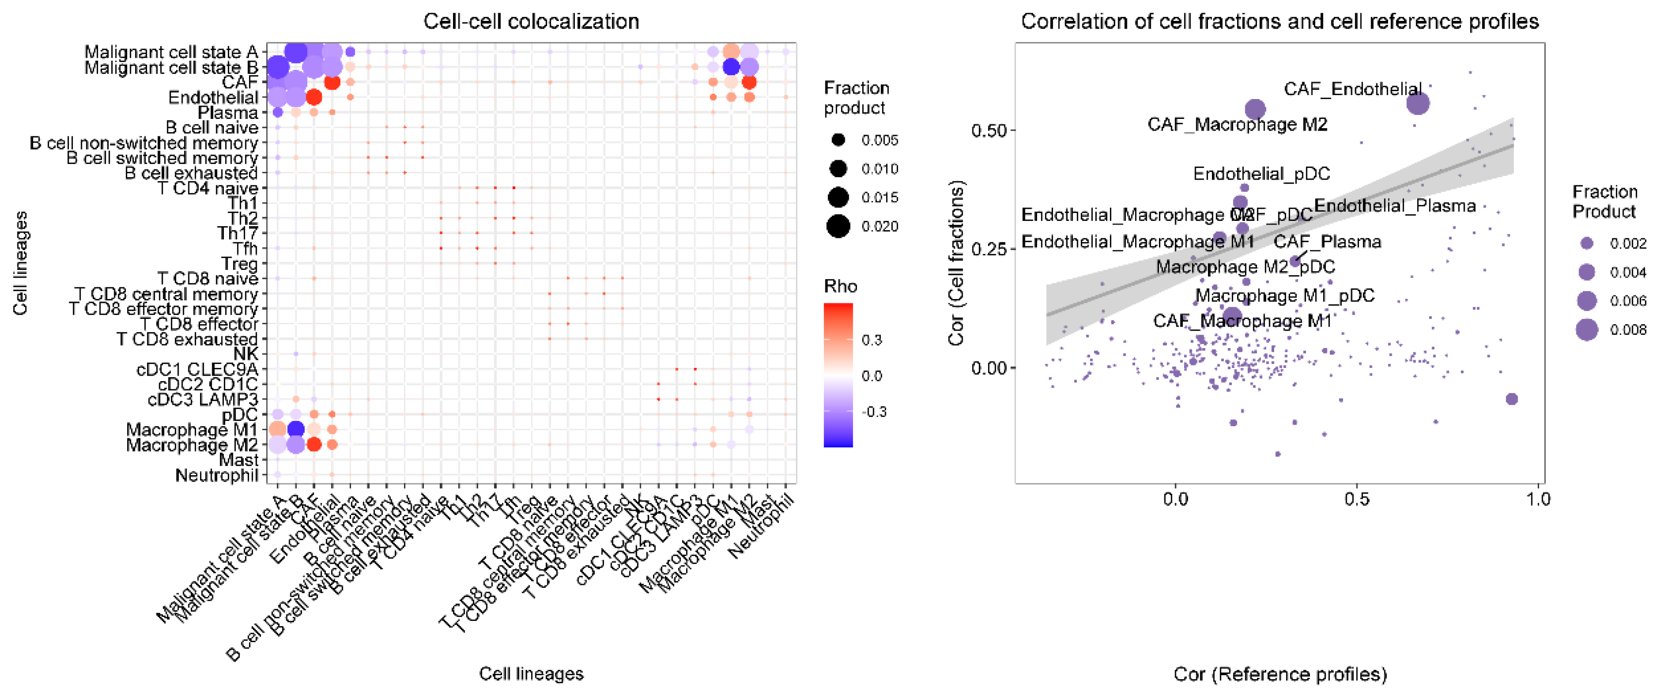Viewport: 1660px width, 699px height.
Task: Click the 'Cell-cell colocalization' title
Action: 531,21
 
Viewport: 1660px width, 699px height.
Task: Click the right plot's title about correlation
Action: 1279,21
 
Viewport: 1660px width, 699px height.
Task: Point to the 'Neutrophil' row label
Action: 217,475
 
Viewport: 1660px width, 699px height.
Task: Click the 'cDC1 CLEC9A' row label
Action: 197,369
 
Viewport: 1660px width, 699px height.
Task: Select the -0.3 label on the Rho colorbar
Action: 874,412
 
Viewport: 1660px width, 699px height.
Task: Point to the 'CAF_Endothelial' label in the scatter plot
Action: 1352,89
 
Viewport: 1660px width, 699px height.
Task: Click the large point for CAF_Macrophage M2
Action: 1255,109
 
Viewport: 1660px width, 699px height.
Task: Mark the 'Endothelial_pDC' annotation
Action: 1261,173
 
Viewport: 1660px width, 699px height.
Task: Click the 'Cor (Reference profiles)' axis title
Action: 1280,674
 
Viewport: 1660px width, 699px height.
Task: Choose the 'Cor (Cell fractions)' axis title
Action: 956,263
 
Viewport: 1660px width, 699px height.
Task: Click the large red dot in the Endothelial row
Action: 314,97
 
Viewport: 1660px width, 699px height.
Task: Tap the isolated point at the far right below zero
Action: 1511,399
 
